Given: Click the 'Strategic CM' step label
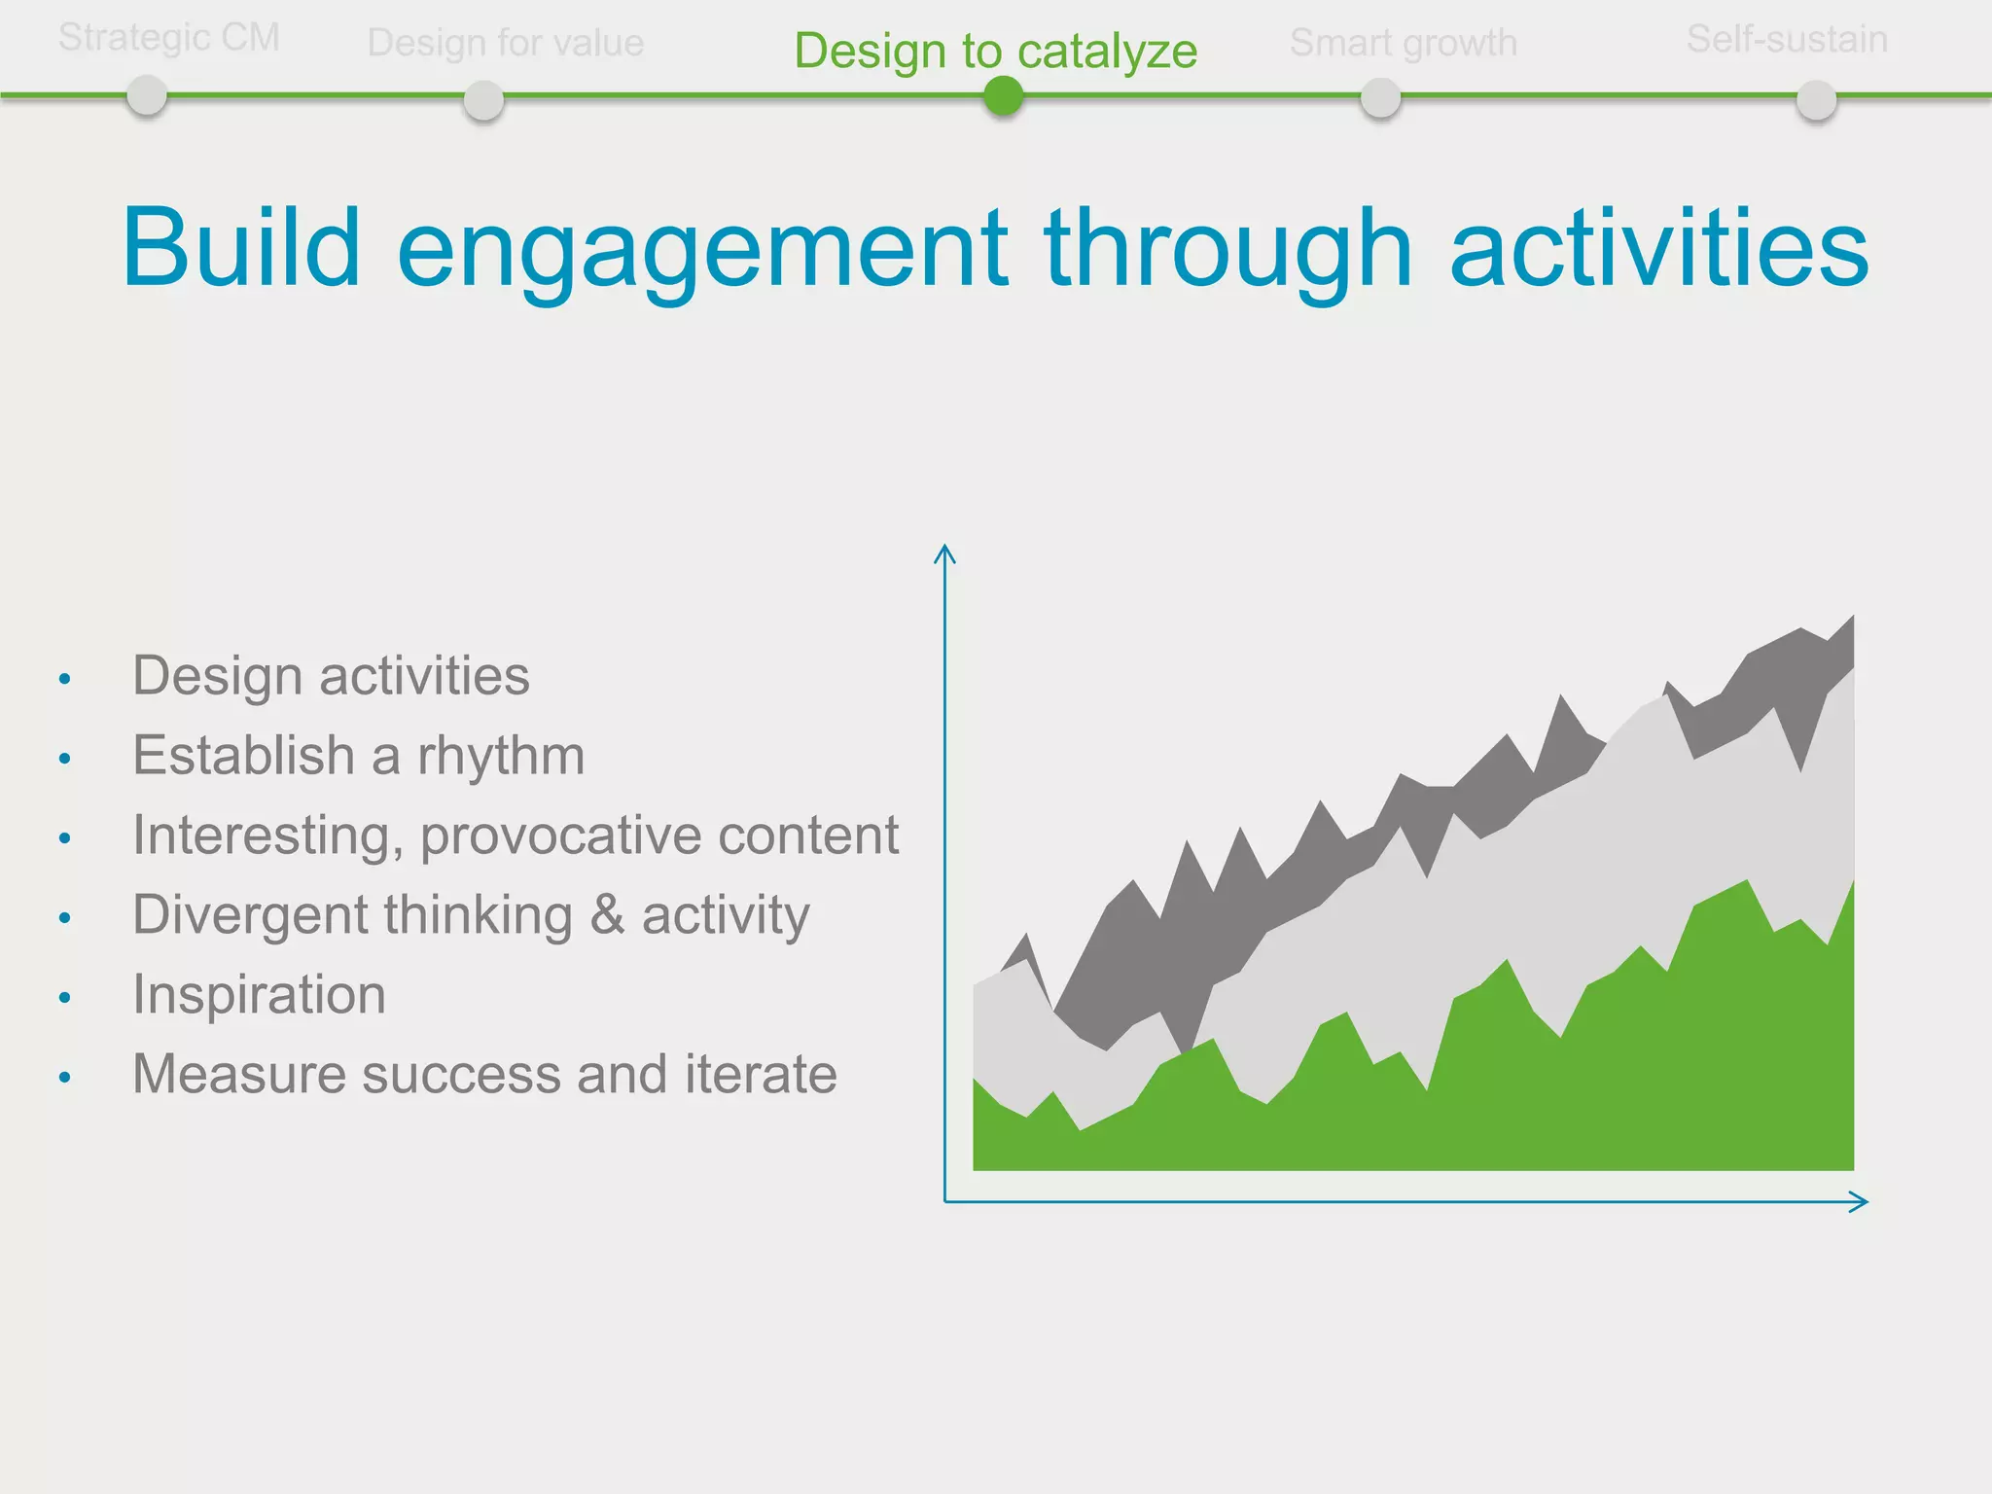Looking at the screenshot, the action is click(x=169, y=38).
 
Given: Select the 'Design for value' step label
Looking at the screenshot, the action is click(x=506, y=43).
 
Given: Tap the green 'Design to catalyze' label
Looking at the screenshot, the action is click(x=996, y=51).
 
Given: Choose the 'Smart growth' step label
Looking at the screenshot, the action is click(x=1404, y=43).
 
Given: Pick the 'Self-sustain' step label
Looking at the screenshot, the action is click(x=1787, y=39).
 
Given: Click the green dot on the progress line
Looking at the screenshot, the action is click(x=1003, y=96).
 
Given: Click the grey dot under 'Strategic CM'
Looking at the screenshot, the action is click(x=147, y=96).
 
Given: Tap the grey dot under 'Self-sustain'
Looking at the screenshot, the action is click(x=1816, y=100).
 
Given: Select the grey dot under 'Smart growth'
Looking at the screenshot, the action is click(x=1380, y=98).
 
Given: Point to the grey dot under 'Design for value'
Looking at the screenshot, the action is click(x=483, y=100).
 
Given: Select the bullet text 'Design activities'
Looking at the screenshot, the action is click(x=331, y=676).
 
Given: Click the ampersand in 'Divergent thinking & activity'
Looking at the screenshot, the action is click(x=607, y=914).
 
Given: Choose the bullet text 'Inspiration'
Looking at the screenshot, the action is click(x=260, y=995).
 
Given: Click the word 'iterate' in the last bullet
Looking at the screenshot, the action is click(x=761, y=1074).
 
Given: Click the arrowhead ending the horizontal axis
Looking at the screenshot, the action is click(x=1859, y=1202).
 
